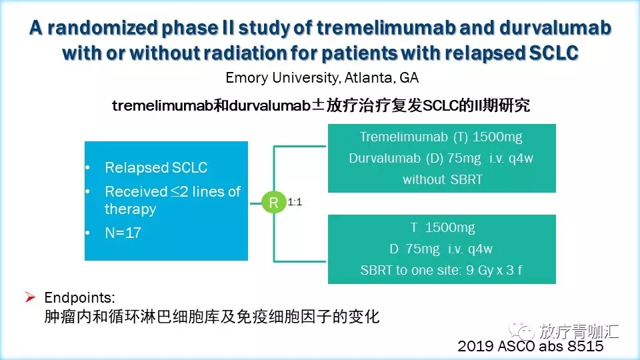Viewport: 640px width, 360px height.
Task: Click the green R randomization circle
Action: coord(273,202)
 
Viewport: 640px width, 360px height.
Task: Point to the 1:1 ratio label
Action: coord(295,201)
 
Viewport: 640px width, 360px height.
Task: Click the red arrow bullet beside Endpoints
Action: coord(30,297)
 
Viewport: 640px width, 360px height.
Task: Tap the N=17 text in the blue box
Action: coord(123,233)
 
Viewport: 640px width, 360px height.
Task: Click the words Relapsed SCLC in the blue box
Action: coord(156,167)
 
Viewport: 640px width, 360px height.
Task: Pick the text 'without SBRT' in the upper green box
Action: coord(443,179)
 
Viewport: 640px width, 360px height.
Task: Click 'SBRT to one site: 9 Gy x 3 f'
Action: coord(441,270)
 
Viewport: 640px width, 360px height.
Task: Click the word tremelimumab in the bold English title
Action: coord(386,27)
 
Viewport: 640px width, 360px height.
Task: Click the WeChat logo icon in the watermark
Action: coord(521,331)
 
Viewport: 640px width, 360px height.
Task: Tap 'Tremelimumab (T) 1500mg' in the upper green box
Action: coord(441,137)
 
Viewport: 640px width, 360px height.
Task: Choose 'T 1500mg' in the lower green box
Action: coord(443,227)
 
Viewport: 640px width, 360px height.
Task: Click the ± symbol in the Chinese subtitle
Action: coord(318,105)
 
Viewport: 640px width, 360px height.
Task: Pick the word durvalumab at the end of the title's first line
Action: coord(555,27)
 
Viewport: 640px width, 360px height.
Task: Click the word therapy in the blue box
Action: coord(130,209)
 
